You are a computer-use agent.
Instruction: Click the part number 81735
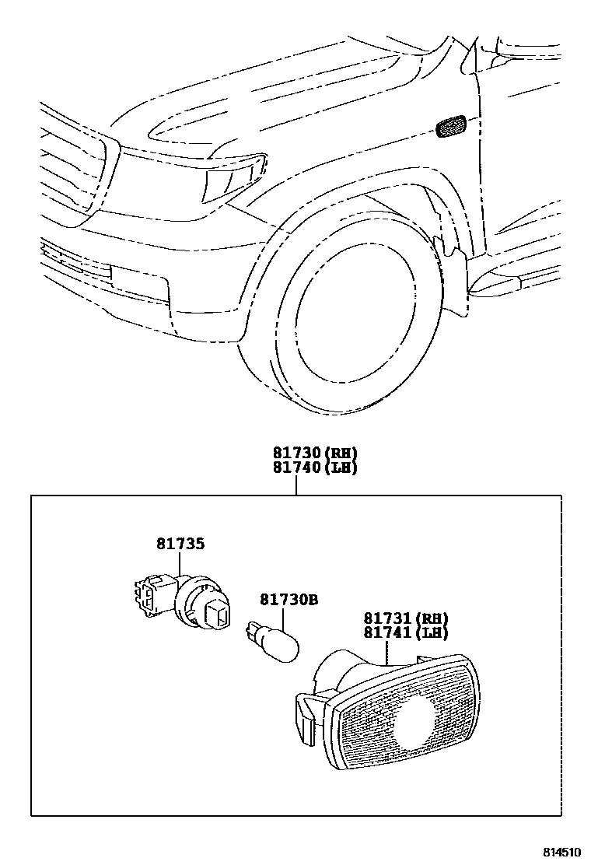click(x=180, y=544)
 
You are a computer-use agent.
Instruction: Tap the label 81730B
click(x=289, y=600)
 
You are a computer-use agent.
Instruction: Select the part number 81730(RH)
click(x=314, y=454)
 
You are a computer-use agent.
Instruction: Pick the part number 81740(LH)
click(x=314, y=468)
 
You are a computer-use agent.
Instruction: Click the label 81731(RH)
click(x=406, y=618)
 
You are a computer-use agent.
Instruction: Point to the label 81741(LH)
click(x=406, y=633)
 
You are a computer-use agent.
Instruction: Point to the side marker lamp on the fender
click(x=450, y=126)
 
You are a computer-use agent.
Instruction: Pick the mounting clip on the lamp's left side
click(x=305, y=716)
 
